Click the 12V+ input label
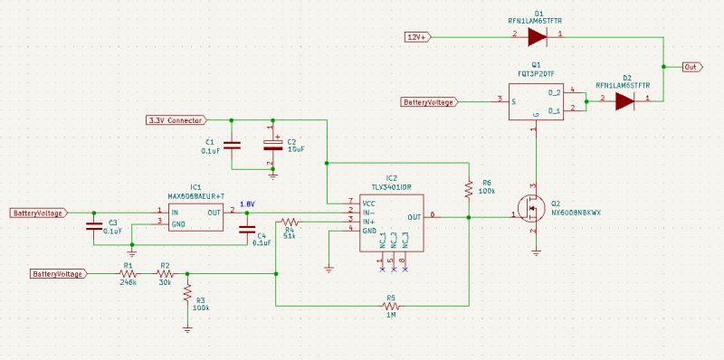pyautogui.click(x=418, y=36)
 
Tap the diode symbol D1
pyautogui.click(x=537, y=36)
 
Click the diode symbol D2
pyautogui.click(x=624, y=101)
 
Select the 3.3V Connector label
pyautogui.click(x=175, y=119)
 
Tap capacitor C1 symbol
pyautogui.click(x=232, y=145)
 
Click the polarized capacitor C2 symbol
pyautogui.click(x=271, y=145)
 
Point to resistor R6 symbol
pyautogui.click(x=469, y=189)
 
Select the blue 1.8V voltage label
pyautogui.click(x=246, y=204)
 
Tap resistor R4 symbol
pyautogui.click(x=291, y=221)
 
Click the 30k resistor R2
pyautogui.click(x=165, y=273)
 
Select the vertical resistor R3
pyautogui.click(x=187, y=295)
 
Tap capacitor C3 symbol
pyautogui.click(x=93, y=227)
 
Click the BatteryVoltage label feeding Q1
pyautogui.click(x=430, y=102)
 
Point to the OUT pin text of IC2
pyautogui.click(x=414, y=217)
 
